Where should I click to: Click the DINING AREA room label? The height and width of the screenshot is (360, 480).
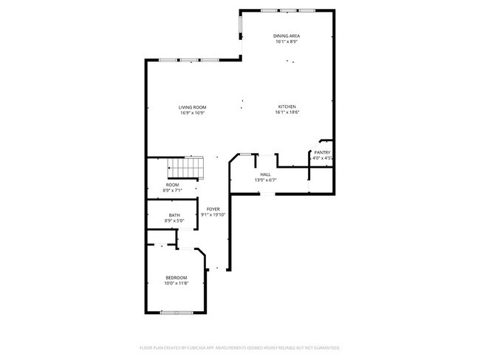(x=286, y=35)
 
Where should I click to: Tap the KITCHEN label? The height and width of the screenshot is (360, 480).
(x=287, y=106)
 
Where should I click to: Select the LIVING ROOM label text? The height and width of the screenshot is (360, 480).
(x=192, y=107)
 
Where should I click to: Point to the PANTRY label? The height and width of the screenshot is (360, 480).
(x=322, y=152)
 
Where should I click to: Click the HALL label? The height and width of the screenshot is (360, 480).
(x=265, y=174)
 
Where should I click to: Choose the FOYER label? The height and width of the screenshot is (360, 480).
(x=213, y=209)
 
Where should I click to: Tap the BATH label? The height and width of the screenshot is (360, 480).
(x=174, y=215)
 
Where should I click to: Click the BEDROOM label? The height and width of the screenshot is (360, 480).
(x=176, y=277)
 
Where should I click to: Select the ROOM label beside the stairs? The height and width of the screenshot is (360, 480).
(x=172, y=185)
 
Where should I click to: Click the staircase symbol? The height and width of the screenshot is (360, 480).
(x=185, y=171)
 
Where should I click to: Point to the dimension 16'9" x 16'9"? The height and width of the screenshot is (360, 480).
(x=192, y=113)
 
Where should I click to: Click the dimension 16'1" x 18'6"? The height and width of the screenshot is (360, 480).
(x=287, y=112)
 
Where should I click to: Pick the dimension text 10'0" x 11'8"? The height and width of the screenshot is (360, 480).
(x=176, y=283)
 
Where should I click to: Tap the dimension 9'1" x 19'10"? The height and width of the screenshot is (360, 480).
(x=213, y=215)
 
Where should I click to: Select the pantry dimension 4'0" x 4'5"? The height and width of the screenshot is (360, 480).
(x=322, y=158)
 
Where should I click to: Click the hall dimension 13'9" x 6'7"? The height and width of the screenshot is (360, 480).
(x=265, y=180)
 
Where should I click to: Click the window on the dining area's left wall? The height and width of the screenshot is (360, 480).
(x=239, y=26)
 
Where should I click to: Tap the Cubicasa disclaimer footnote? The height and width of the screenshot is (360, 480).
(x=240, y=347)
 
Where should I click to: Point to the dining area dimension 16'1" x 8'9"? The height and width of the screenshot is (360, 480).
(x=286, y=41)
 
